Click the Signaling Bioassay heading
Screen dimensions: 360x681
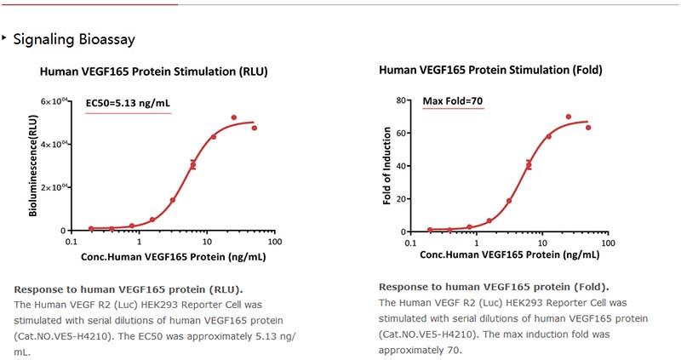[74, 39]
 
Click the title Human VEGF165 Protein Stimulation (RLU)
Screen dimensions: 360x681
[154, 72]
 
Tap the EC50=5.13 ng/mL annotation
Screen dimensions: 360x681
[128, 104]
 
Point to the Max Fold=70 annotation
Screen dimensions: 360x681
[453, 102]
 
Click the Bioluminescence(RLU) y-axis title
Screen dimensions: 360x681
[33, 167]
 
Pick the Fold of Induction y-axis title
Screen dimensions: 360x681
[388, 167]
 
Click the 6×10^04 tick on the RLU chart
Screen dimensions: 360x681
[55, 101]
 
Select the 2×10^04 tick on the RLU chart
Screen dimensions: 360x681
[55, 187]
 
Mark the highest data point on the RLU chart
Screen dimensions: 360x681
[234, 117]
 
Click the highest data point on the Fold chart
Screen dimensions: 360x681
[568, 117]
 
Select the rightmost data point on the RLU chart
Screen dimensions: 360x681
[255, 128]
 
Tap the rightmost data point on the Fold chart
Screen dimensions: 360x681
[588, 128]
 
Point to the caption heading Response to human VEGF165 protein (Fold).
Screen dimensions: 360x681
[494, 287]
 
